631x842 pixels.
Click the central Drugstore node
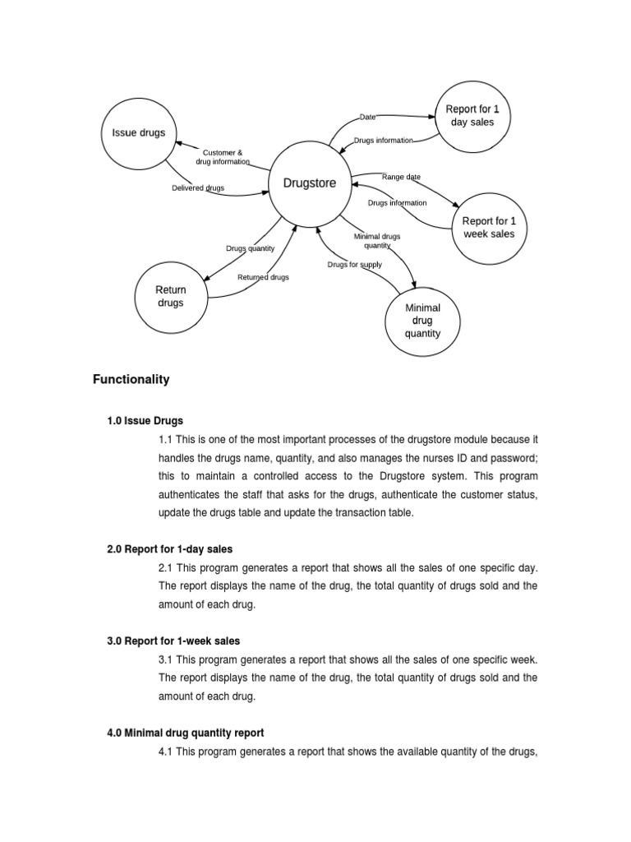[309, 183]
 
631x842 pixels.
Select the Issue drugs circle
[138, 133]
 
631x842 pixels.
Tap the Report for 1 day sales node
[472, 116]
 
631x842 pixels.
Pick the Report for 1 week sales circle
[489, 227]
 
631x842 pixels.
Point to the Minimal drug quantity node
[422, 321]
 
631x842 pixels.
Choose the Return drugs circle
[171, 296]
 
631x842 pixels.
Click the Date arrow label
[367, 118]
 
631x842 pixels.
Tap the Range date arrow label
[401, 177]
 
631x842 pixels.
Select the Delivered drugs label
[198, 188]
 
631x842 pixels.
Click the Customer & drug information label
[223, 157]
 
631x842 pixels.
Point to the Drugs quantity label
[251, 248]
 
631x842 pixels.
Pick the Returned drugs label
[263, 277]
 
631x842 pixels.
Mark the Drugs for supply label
[354, 265]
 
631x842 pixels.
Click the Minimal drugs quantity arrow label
[377, 241]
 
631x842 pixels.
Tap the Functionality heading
[131, 379]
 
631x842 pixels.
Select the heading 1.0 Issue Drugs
[145, 420]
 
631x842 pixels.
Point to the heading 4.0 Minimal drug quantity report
[185, 732]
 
